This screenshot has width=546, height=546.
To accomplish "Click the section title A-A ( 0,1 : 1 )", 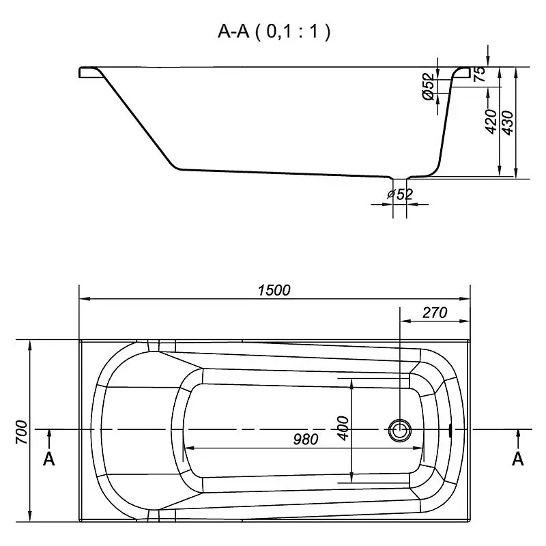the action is (274, 31).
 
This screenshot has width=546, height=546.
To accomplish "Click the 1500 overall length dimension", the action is (274, 289).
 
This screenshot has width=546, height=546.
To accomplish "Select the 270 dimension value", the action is (435, 313).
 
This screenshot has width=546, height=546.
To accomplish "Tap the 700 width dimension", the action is (22, 432).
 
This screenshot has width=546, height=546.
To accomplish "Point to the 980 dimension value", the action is (306, 439).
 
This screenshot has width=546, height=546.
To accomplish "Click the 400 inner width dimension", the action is (343, 428).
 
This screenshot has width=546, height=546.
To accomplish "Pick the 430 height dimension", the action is (508, 123).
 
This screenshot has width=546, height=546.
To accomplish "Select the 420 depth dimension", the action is (491, 121).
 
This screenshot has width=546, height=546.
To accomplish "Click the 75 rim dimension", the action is (480, 74).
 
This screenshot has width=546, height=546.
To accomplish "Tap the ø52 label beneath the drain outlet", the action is (400, 195).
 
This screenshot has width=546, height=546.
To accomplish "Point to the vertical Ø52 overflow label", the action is (429, 87).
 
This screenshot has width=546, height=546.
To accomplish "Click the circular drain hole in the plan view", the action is (400, 430).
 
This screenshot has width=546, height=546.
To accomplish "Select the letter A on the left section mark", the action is (48, 459).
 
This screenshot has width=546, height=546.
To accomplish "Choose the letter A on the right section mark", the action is (518, 459).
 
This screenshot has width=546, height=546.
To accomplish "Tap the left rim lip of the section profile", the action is (91, 72).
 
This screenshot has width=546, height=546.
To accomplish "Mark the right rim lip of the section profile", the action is (462, 72).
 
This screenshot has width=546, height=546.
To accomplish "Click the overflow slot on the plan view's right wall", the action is (450, 430).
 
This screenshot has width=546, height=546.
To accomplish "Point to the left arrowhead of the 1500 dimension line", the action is (85, 299).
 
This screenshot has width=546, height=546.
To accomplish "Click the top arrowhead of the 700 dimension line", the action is (30, 346).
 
